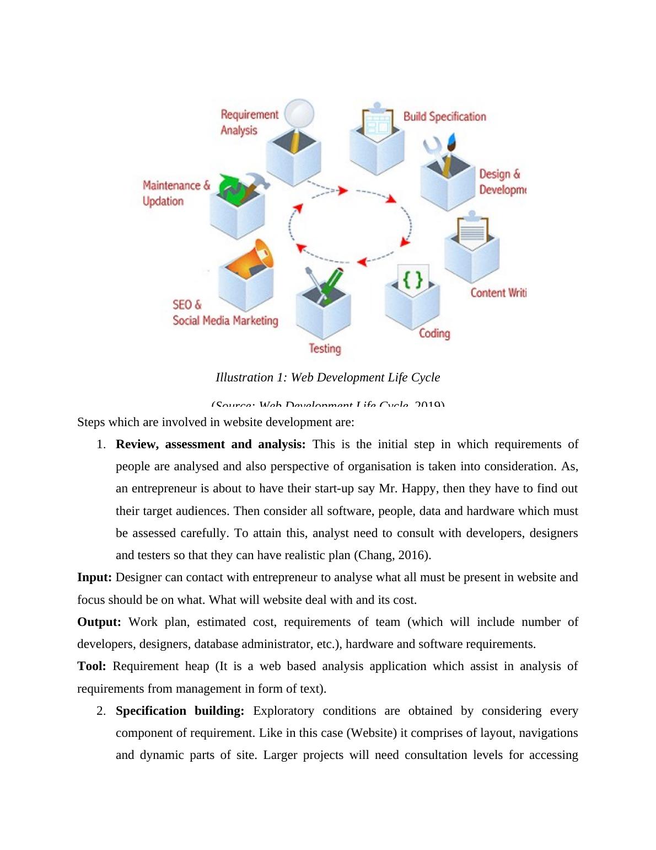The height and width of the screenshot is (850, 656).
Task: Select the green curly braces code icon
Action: (413, 279)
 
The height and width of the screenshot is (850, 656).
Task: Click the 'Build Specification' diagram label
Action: (444, 116)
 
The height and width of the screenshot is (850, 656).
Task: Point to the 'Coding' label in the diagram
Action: (434, 333)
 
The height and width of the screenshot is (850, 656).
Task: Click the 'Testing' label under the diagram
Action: (325, 348)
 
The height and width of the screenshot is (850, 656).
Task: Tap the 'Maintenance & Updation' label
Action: (176, 193)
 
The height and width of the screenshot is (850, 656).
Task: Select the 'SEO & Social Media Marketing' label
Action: (225, 313)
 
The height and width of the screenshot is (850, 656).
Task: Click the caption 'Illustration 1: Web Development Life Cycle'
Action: (327, 378)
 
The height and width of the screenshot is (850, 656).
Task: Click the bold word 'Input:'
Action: (94, 577)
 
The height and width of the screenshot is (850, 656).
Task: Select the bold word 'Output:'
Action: (99, 622)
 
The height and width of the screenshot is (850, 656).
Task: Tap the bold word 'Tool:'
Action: (92, 666)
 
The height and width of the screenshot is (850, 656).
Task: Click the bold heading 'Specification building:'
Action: (180, 711)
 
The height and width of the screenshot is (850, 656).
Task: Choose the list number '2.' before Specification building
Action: (101, 711)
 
